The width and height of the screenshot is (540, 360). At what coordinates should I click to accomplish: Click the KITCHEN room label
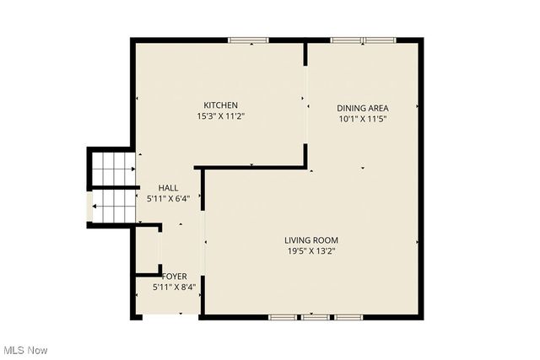[213, 105]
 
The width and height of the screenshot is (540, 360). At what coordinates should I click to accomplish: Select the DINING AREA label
[362, 108]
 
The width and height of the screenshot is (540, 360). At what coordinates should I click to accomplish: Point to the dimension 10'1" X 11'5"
[362, 119]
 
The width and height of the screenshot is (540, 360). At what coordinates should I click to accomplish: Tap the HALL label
[168, 188]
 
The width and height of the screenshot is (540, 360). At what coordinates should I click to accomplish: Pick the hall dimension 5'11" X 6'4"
[168, 199]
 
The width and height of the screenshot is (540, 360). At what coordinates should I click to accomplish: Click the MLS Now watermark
[24, 350]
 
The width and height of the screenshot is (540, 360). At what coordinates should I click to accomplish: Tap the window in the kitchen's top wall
[249, 39]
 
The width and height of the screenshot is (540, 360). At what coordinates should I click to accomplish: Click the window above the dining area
[362, 39]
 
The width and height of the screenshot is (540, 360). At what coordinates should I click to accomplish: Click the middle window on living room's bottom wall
[316, 317]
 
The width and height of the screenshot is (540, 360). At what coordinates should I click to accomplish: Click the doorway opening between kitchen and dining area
[305, 101]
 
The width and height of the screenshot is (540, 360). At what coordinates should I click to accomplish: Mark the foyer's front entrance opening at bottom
[169, 317]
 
